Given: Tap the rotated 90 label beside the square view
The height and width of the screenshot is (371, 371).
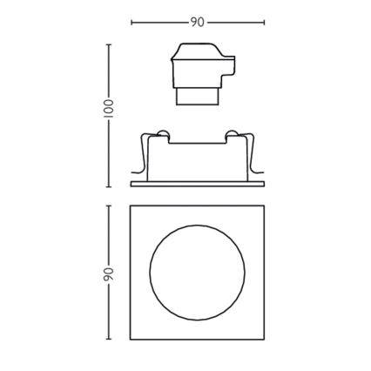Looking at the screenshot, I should click(x=109, y=273).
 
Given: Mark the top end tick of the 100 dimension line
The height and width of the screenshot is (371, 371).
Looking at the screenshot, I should click(x=109, y=44).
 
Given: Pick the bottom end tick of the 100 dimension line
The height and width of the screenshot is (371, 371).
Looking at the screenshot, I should click(x=109, y=185).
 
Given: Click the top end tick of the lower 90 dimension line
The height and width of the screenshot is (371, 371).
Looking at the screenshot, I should click(x=109, y=206).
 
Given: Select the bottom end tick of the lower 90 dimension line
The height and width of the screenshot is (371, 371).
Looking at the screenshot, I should click(x=109, y=340).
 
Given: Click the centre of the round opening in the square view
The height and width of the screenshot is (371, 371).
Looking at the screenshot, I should click(x=197, y=273).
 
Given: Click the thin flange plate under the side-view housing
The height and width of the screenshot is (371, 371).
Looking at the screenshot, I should click(x=197, y=184).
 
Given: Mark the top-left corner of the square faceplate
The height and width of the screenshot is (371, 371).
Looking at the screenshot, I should click(x=131, y=206).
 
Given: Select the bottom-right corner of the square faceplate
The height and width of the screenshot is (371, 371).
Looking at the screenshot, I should click(x=264, y=340).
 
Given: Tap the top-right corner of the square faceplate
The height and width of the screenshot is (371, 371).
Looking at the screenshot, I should click(x=264, y=206).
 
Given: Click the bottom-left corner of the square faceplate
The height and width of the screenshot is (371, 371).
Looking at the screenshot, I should click(x=131, y=340).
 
